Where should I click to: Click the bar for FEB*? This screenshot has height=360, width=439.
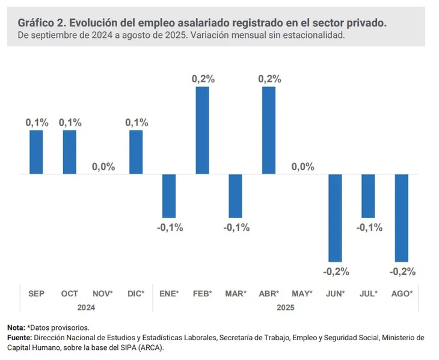(x=202, y=130)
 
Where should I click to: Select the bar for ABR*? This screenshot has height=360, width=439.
(x=268, y=130)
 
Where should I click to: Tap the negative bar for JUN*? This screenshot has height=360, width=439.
(x=335, y=218)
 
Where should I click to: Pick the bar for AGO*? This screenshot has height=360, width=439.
(x=401, y=218)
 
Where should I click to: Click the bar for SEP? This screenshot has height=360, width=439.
(x=37, y=152)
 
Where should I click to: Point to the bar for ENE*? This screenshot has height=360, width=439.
(x=169, y=196)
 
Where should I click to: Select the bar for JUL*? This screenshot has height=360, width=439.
(x=368, y=196)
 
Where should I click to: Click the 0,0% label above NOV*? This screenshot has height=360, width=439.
(x=103, y=166)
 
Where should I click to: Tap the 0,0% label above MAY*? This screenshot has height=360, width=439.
(x=302, y=166)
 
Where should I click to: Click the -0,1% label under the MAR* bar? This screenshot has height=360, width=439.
(x=236, y=228)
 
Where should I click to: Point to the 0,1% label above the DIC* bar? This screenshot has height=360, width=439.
(x=137, y=122)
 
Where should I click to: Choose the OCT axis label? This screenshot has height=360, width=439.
(x=70, y=293)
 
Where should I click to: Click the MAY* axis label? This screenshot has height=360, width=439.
(x=302, y=293)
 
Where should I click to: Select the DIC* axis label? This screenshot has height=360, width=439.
(x=136, y=293)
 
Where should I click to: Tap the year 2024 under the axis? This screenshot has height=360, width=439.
(x=86, y=307)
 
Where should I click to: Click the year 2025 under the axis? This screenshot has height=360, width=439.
(x=285, y=307)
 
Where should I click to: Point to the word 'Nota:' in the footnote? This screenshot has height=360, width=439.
(x=16, y=328)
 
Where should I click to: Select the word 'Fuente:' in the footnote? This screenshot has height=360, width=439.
(x=20, y=338)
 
